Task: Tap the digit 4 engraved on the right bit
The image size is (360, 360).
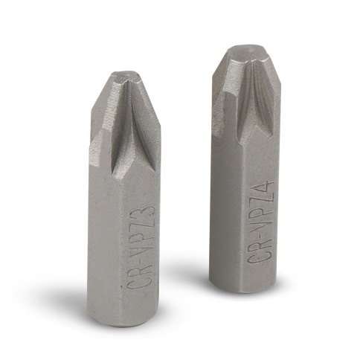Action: click(x=265, y=189)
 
